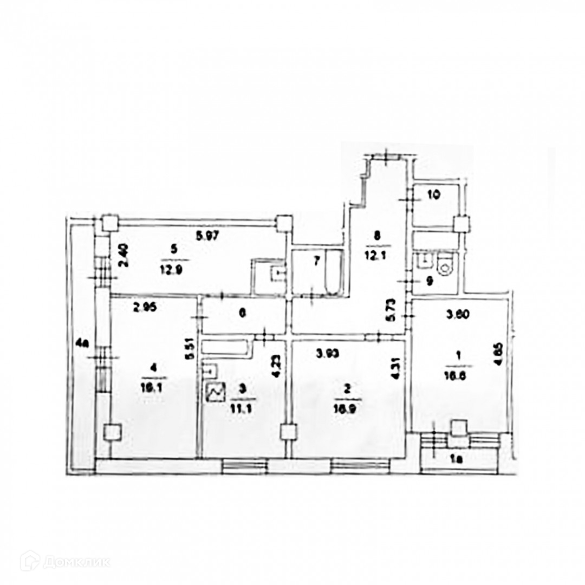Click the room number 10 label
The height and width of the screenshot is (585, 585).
coord(434,195)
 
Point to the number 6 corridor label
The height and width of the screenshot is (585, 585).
coord(243,313)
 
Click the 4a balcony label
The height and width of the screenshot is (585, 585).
coord(82,342)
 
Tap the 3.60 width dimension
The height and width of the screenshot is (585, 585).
coord(457,313)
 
